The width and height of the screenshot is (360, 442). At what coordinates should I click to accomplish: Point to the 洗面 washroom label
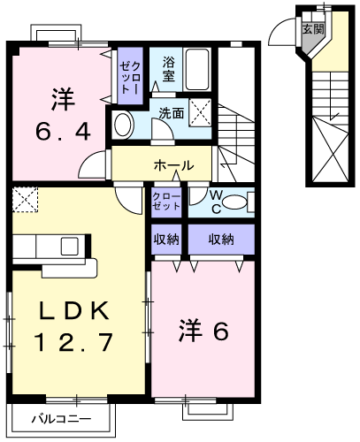click(x=172, y=113)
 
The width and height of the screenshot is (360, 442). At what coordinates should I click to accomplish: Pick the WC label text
click(x=217, y=201)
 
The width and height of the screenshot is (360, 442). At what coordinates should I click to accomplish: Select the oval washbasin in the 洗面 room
click(x=122, y=125)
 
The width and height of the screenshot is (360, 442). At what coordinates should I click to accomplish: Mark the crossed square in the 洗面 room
click(x=200, y=113)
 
